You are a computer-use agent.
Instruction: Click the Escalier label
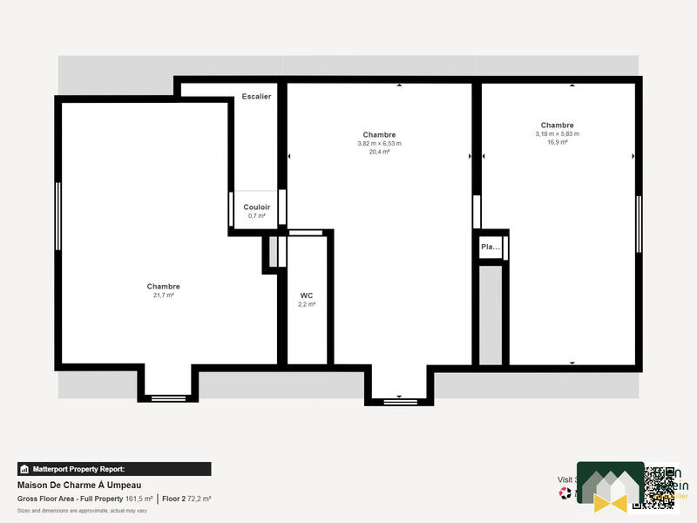256,96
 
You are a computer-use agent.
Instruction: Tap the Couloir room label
256,207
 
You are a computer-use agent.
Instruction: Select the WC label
307,295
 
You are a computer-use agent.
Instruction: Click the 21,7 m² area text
163,295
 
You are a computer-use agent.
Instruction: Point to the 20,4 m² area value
379,152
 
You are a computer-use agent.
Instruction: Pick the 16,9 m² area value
557,142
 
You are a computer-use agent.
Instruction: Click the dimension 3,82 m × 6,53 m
379,144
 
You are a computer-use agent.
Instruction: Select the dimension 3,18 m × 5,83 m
557,133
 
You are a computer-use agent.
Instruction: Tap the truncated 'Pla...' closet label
491,247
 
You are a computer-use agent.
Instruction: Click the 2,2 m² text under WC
307,304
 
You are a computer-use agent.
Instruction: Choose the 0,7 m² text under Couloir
256,215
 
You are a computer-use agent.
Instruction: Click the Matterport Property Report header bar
114,468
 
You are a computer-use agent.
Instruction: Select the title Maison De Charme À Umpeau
79,486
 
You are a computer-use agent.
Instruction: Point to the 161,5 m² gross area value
139,499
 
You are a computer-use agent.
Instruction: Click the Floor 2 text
175,499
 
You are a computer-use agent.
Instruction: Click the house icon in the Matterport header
25,468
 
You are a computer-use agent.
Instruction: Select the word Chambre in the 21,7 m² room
163,287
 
